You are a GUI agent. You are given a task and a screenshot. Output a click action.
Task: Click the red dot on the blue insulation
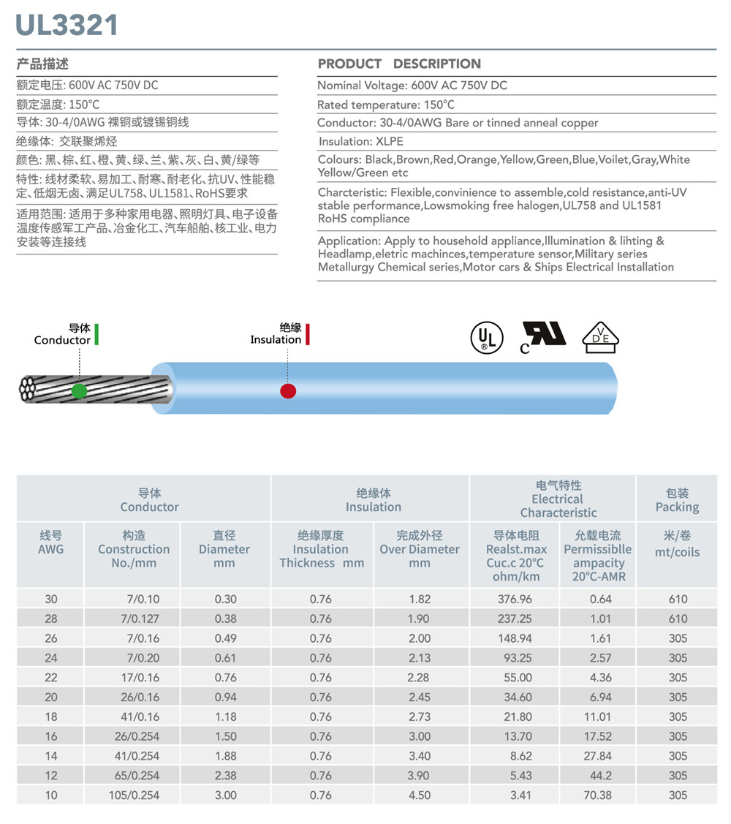tap(288, 390)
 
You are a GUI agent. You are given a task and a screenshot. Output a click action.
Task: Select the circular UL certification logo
tap(486, 338)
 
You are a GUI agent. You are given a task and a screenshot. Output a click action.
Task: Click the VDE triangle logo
tap(600, 337)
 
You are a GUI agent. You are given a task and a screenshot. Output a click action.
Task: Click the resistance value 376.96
tap(515, 599)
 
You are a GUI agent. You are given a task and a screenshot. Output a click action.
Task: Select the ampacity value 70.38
tap(597, 795)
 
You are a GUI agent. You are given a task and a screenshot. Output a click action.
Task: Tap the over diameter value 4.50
tap(420, 795)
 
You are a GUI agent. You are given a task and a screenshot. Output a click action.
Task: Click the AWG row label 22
tap(51, 677)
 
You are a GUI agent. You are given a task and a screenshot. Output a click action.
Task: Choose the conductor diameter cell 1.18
tap(225, 717)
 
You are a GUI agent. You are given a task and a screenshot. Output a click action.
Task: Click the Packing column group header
tap(677, 499)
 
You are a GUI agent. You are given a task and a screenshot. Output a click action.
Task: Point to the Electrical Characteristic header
tap(558, 499)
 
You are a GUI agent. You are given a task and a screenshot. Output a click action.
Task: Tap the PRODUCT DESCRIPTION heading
tap(399, 64)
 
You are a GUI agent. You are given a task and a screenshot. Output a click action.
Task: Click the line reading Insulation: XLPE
tap(361, 141)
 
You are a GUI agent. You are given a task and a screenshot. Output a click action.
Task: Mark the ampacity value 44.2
tap(598, 775)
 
